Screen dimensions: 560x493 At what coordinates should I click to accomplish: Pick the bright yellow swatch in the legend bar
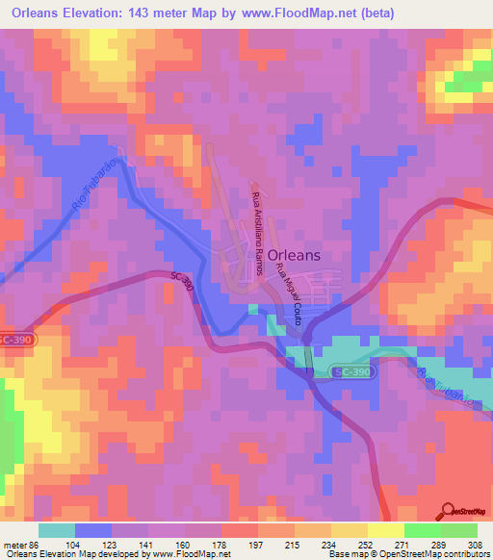(385, 530)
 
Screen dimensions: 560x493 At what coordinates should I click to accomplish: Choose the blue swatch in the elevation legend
(93, 530)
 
